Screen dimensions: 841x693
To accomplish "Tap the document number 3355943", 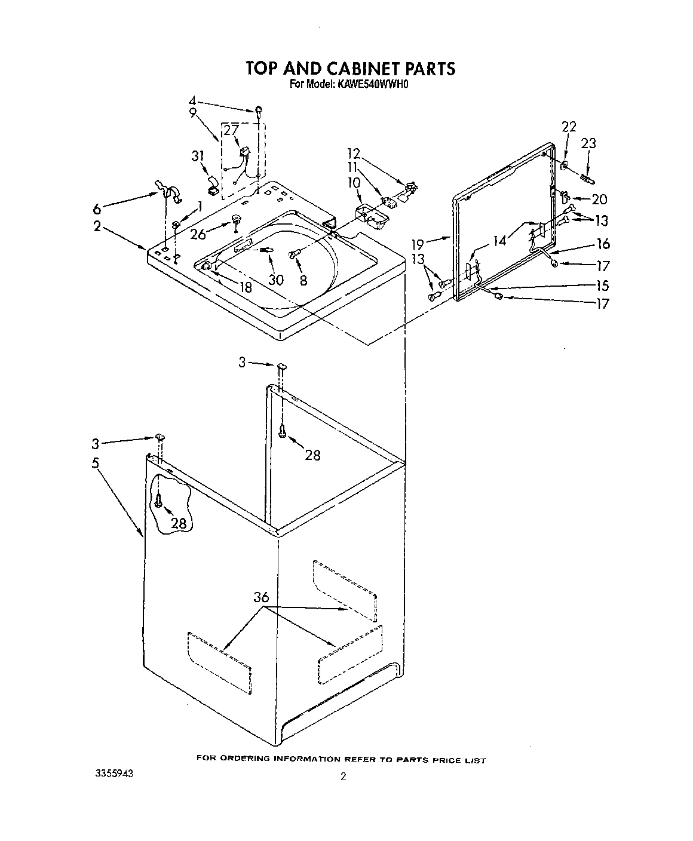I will coord(114,773).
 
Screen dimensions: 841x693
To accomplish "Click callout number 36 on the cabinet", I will coord(261,596).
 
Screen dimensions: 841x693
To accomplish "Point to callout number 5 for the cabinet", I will coord(96,462).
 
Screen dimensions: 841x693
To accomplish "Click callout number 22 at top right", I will coord(569,126).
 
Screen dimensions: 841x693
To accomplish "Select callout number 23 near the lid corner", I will coord(588,143).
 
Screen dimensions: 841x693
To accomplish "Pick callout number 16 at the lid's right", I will coord(603,243).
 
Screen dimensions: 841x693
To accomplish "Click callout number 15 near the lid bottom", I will coord(602,286).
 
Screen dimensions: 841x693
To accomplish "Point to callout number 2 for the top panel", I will coord(97,226).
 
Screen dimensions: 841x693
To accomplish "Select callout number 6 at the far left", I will coord(97,208).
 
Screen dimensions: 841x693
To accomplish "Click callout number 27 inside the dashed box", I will coord(231,130).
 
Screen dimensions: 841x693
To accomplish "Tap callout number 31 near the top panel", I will coord(198,156).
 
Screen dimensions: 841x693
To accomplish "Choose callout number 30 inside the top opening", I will coord(276,279).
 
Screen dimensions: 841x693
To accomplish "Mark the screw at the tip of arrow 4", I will coord(259,109).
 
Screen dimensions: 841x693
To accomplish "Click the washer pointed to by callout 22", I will coord(564,165).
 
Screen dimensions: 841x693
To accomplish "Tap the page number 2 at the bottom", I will coord(343,777).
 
